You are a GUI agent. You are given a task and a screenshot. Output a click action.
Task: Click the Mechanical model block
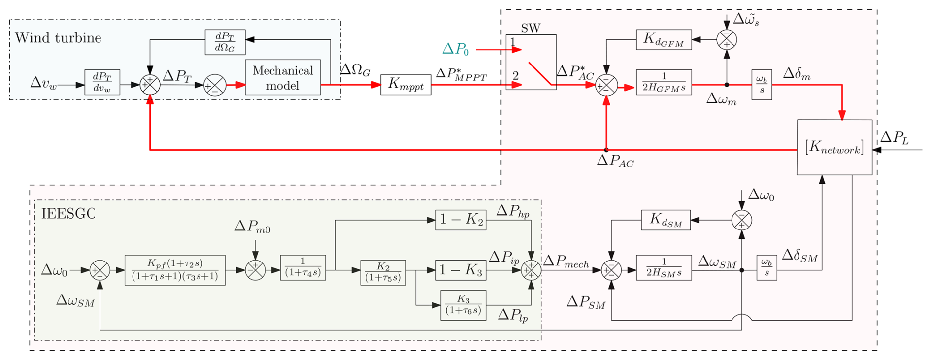[283, 78]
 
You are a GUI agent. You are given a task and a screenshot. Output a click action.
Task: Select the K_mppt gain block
[405, 84]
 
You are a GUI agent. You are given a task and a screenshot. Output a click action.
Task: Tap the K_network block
[834, 147]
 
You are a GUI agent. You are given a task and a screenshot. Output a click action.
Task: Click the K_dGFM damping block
[664, 39]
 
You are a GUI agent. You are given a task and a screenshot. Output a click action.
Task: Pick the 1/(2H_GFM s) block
[664, 82]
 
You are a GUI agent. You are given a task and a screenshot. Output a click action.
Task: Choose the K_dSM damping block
[666, 220]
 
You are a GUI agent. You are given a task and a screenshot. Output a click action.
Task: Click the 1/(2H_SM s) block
[664, 268]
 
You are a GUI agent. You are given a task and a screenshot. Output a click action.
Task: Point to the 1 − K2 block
[461, 220]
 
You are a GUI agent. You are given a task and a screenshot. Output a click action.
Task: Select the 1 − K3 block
[461, 270]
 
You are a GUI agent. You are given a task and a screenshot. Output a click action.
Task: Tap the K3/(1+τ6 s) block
[463, 305]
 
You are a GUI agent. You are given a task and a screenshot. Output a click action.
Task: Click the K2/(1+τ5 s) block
[383, 272]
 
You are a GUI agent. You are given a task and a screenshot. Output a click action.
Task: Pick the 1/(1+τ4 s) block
[302, 267]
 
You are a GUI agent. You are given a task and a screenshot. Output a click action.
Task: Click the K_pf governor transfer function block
[175, 270]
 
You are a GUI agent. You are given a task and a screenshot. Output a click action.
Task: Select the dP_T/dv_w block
[102, 82]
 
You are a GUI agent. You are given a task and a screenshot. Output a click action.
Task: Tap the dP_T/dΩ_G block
[225, 42]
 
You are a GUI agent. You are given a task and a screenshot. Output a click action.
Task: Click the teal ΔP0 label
[455, 49]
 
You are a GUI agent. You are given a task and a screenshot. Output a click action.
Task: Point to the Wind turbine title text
[58, 38]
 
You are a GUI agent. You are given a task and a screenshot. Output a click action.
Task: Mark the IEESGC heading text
[68, 214]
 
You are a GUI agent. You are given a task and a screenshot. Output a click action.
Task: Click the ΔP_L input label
[894, 138]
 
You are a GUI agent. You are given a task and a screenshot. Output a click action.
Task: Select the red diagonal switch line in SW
[539, 73]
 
